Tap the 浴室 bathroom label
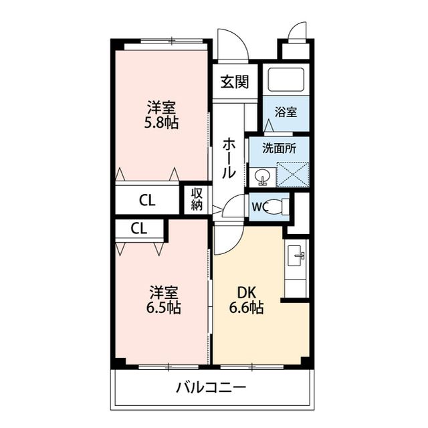point(286,112)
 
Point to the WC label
point(259,207)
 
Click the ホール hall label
point(229,157)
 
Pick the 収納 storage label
point(197,199)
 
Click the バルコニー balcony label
point(211,387)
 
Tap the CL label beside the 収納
point(148,199)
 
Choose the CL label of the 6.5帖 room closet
point(138,229)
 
